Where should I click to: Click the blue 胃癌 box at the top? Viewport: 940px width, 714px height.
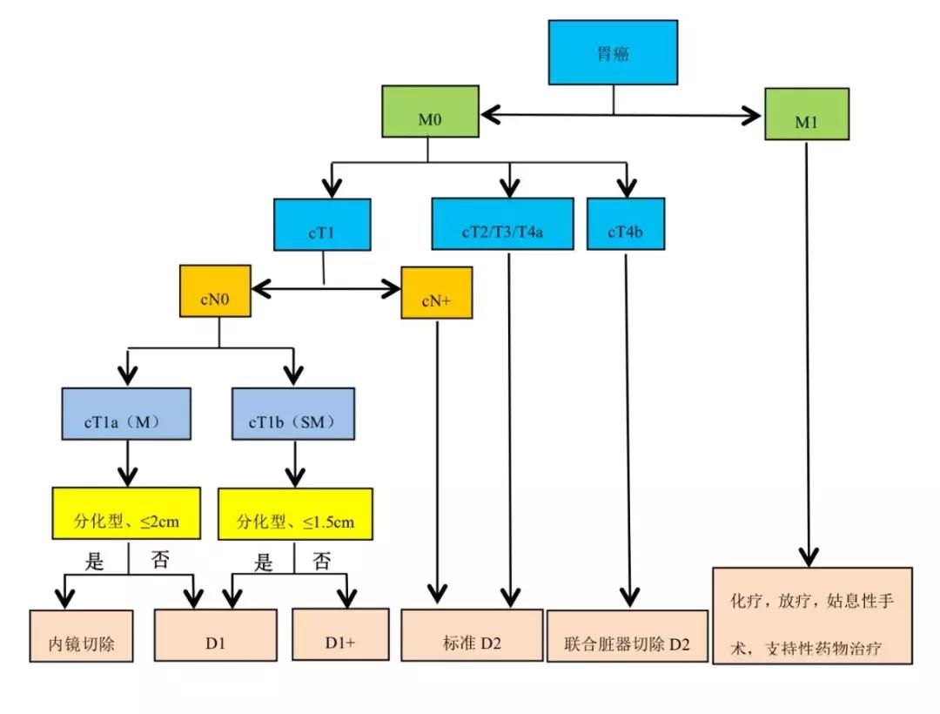coord(613,52)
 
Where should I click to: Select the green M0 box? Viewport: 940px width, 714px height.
coord(430,111)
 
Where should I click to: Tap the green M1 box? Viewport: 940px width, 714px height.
coord(806,114)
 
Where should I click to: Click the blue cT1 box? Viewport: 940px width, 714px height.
coord(322,226)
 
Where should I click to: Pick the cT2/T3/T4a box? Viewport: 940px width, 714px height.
coord(503,224)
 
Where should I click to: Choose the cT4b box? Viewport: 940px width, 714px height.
coord(625,224)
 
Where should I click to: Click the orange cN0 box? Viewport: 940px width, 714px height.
coord(215,292)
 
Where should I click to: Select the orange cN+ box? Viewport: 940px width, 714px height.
coord(436,293)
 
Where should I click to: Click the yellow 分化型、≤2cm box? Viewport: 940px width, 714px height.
coord(127,514)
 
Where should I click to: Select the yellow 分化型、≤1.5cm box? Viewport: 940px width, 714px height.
coord(295,514)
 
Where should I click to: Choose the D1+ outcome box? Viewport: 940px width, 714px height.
coord(339,636)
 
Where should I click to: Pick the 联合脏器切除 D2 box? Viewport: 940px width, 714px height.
coord(627,636)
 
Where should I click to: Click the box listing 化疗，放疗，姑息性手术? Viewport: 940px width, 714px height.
coord(812,616)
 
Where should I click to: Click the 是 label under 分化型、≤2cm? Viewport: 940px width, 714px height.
coord(95,562)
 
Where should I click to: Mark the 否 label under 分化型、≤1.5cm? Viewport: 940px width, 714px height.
coord(321,562)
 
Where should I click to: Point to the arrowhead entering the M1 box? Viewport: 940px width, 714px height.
coord(755,114)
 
